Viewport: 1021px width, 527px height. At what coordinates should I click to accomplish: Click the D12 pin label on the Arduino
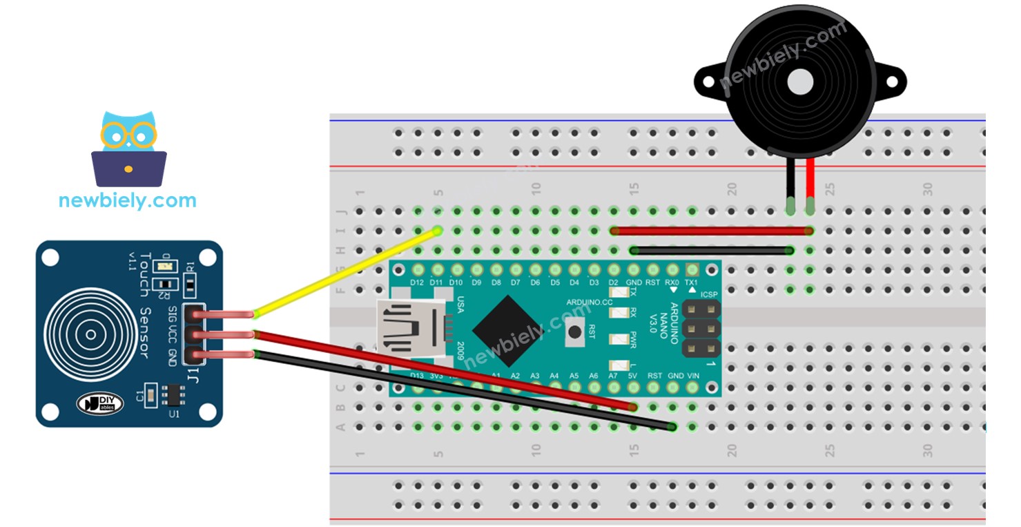point(416,282)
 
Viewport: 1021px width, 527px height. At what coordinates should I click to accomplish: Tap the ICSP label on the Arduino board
point(710,294)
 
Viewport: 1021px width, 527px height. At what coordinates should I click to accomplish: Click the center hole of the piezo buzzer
point(799,82)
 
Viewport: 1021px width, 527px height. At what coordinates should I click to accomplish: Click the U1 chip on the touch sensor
point(169,395)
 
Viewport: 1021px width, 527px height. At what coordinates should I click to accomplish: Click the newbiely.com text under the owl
point(128,200)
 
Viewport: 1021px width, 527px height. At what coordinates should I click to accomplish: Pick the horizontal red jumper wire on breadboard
point(711,231)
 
